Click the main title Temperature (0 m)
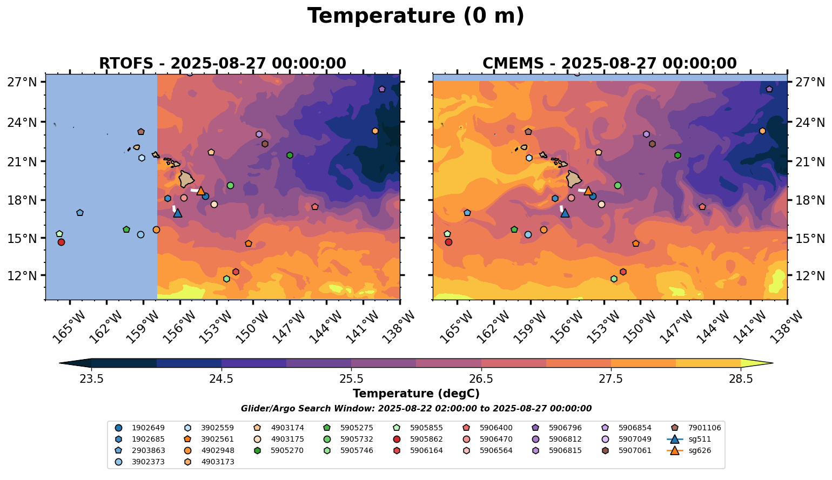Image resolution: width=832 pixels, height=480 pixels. [415, 16]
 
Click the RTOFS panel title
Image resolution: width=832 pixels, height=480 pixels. [222, 64]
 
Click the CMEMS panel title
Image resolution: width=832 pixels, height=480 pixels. [609, 64]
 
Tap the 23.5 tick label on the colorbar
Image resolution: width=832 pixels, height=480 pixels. [91, 379]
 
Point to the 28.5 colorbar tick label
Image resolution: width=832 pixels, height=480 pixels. [741, 379]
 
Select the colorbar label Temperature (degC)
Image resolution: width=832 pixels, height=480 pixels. [415, 394]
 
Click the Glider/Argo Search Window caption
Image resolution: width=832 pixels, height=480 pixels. [415, 409]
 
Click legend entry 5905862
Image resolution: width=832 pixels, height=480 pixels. [426, 439]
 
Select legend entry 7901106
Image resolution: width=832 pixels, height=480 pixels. [704, 428]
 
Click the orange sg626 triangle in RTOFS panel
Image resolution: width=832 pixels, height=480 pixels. [201, 191]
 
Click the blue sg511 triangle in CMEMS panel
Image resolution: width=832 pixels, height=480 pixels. [565, 213]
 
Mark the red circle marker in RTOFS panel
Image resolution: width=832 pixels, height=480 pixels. [61, 242]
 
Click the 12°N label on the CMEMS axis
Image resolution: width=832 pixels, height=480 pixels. [810, 276]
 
